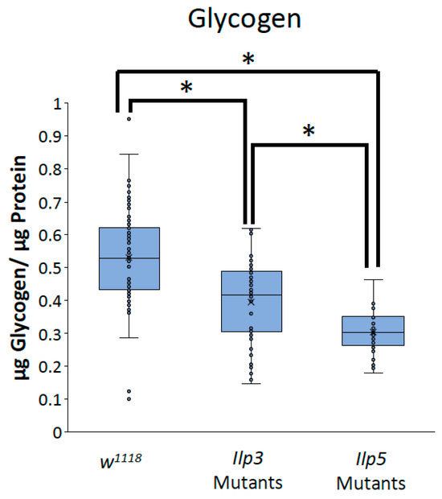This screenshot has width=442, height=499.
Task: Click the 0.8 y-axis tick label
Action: tap(51, 169)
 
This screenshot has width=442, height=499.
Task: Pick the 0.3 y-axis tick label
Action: tap(51, 333)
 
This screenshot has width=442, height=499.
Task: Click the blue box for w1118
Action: tap(129, 258)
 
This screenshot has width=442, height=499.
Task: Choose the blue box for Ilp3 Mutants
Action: tap(252, 301)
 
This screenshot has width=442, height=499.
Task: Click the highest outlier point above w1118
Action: tap(129, 119)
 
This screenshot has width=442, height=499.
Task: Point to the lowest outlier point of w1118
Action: tap(129, 399)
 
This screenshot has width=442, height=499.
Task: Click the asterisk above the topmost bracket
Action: tap(247, 58)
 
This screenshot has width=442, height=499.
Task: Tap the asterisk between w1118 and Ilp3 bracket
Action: tap(186, 87)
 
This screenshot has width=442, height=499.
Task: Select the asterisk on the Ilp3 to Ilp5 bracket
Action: tap(309, 130)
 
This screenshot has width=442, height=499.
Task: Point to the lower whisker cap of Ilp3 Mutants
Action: tap(252, 383)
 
